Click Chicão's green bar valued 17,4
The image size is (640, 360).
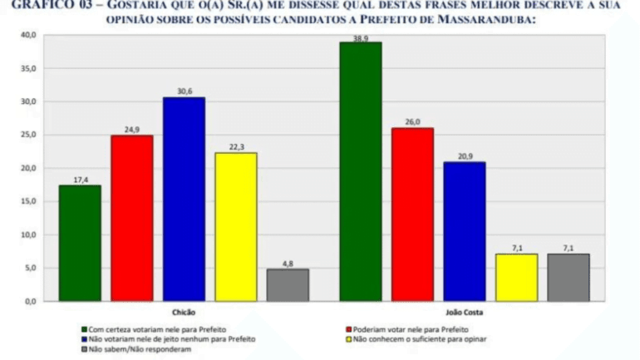click(x=80, y=243)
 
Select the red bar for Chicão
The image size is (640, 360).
click(x=132, y=218)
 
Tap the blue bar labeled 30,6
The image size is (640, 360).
click(x=184, y=199)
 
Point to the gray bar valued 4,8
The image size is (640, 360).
click(x=288, y=284)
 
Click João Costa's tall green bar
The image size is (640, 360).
click(x=360, y=171)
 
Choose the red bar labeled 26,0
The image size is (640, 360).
click(x=412, y=214)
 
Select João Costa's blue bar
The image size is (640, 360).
click(x=464, y=231)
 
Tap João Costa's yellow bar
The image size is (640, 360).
click(x=516, y=277)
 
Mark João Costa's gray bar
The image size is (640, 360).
click(x=569, y=277)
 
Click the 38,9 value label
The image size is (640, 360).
click(x=360, y=37)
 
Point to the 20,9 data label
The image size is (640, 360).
click(x=464, y=157)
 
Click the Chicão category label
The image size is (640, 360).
click(x=184, y=311)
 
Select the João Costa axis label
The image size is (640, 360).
click(x=464, y=311)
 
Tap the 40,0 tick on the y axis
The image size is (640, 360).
click(x=28, y=35)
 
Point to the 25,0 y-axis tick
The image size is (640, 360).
click(x=28, y=135)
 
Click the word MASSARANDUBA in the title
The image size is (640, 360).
click(x=487, y=19)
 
